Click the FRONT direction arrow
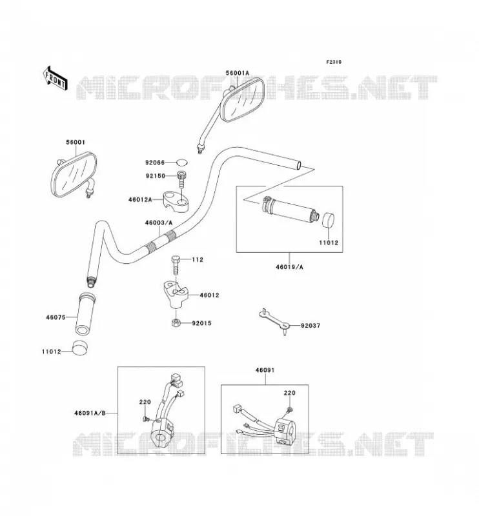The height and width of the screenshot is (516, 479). tap(56, 78)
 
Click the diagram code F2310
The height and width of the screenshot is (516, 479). tap(334, 62)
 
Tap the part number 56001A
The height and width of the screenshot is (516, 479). tap(238, 73)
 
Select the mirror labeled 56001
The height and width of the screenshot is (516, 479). tap(75, 175)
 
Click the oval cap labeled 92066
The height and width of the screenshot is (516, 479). tap(181, 163)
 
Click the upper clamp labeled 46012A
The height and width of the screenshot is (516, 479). tap(176, 201)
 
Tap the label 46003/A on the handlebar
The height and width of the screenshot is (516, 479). tap(159, 223)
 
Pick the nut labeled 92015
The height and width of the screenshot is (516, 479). tap(176, 322)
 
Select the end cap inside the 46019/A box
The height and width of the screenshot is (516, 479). tap(327, 220)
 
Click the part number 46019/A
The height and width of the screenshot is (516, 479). tap(290, 267)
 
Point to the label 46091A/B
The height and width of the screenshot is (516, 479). tap(90, 413)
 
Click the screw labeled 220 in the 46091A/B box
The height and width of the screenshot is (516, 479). tap(146, 419)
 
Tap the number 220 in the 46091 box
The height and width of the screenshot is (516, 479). tap(290, 393)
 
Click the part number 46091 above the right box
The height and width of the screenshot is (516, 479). tap(265, 370)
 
